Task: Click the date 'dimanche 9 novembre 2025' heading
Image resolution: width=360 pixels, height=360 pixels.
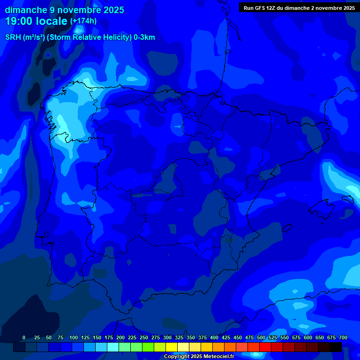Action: pyautogui.click(x=64, y=10)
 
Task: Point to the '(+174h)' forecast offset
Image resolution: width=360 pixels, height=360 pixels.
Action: pyautogui.click(x=83, y=21)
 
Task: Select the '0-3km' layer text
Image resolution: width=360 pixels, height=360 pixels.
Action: pyautogui.click(x=144, y=37)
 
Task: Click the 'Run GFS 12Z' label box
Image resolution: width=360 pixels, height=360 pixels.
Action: pyautogui.click(x=299, y=8)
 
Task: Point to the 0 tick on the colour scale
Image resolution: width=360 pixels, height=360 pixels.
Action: pyautogui.click(x=24, y=337)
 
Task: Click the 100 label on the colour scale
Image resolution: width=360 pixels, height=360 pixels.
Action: pyautogui.click(x=73, y=337)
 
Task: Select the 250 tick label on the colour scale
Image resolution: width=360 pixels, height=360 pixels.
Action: pyautogui.click(x=143, y=337)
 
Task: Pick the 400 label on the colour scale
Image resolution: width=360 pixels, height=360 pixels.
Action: pyautogui.click(x=214, y=337)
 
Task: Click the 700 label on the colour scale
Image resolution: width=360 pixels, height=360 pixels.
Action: pyautogui.click(x=343, y=337)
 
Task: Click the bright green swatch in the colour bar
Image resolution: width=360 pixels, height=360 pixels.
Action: pyautogui.click(x=148, y=347)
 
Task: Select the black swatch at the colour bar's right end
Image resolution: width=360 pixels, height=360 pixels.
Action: pyautogui.click(x=336, y=347)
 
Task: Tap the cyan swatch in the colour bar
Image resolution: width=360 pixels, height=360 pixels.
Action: pyautogui.click(x=113, y=347)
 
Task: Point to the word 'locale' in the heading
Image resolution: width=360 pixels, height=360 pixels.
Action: pyautogui.click(x=52, y=21)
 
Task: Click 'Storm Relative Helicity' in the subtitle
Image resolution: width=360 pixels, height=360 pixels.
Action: pyautogui.click(x=91, y=37)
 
